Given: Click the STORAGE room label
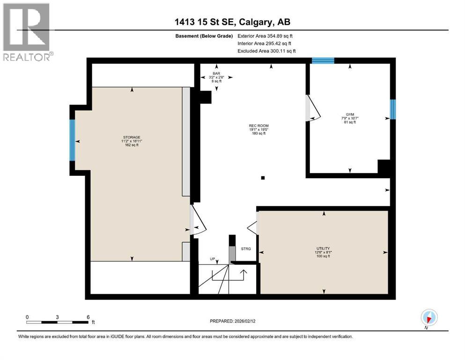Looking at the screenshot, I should [132, 137].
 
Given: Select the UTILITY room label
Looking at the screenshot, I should [323, 248].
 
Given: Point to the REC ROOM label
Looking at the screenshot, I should [258, 126].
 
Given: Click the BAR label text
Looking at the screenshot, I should [216, 73].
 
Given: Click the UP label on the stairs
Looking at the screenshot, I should [212, 259].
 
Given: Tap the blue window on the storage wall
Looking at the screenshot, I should [73, 140].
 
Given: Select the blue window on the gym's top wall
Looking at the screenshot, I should [323, 60].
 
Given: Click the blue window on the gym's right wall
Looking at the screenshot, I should [393, 109].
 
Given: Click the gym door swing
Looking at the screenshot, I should [312, 108].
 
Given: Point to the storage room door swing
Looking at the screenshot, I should [197, 220].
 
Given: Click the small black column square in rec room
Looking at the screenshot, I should [263, 178].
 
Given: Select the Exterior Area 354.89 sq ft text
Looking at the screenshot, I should [266, 36].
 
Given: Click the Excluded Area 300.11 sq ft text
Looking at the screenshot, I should [266, 51].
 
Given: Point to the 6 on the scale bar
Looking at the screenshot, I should [88, 317].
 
